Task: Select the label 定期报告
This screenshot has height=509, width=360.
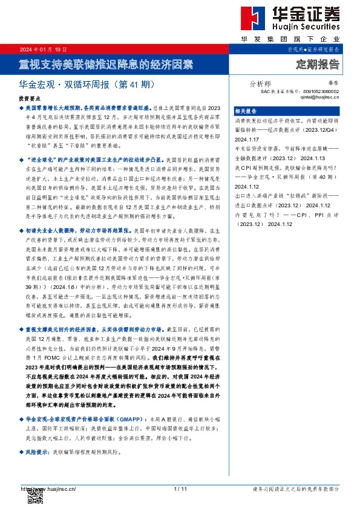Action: (318, 63)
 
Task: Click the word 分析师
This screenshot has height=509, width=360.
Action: (260, 84)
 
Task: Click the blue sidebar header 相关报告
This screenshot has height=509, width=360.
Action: (245, 111)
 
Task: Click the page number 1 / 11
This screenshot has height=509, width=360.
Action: (180, 488)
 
